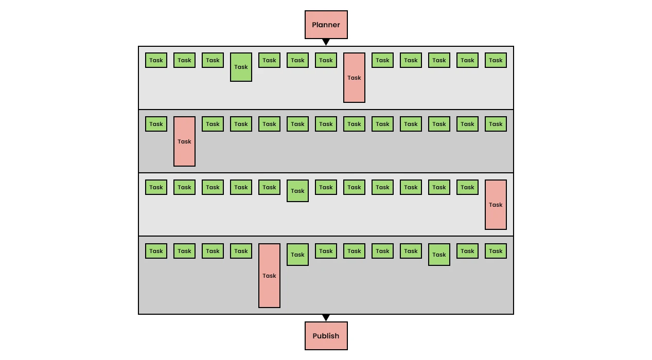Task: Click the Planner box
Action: [x=326, y=25]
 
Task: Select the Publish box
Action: [x=326, y=336]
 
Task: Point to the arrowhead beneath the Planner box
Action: [x=326, y=42]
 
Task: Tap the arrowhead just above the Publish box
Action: [x=326, y=317]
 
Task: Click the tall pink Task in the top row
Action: [x=354, y=78]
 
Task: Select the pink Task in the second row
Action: [x=185, y=141]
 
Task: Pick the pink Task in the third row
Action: [x=496, y=205]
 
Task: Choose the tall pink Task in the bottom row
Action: [x=269, y=276]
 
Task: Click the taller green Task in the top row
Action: [x=241, y=67]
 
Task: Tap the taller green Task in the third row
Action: [x=297, y=191]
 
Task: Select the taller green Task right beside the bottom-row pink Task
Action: [x=297, y=255]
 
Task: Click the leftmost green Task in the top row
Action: [x=156, y=60]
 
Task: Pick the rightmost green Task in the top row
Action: [x=496, y=60]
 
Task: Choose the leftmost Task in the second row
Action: [x=156, y=124]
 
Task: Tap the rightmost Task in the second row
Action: [x=496, y=124]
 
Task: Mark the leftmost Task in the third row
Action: [x=156, y=187]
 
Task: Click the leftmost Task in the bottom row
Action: [x=156, y=251]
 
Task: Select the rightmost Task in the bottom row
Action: [x=496, y=251]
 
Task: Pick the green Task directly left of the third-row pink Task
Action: [x=467, y=187]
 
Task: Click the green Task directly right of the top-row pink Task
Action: [x=382, y=60]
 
